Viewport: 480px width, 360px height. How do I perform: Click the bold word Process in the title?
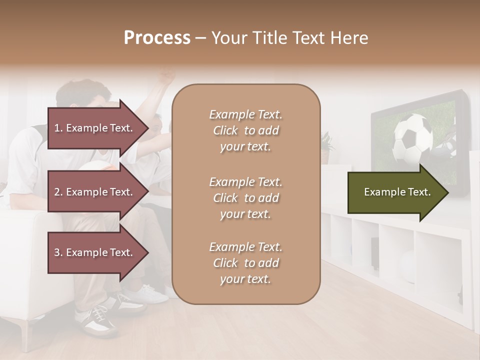click(x=157, y=37)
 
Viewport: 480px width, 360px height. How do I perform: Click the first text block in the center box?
click(x=245, y=130)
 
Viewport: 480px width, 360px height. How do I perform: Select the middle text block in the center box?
click(x=245, y=198)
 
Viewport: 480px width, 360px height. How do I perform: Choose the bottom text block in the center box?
click(x=245, y=263)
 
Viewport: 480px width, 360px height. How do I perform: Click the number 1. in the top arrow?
click(x=58, y=128)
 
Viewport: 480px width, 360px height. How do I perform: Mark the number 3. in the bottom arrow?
click(x=58, y=252)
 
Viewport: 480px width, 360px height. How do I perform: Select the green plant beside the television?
click(x=326, y=142)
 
